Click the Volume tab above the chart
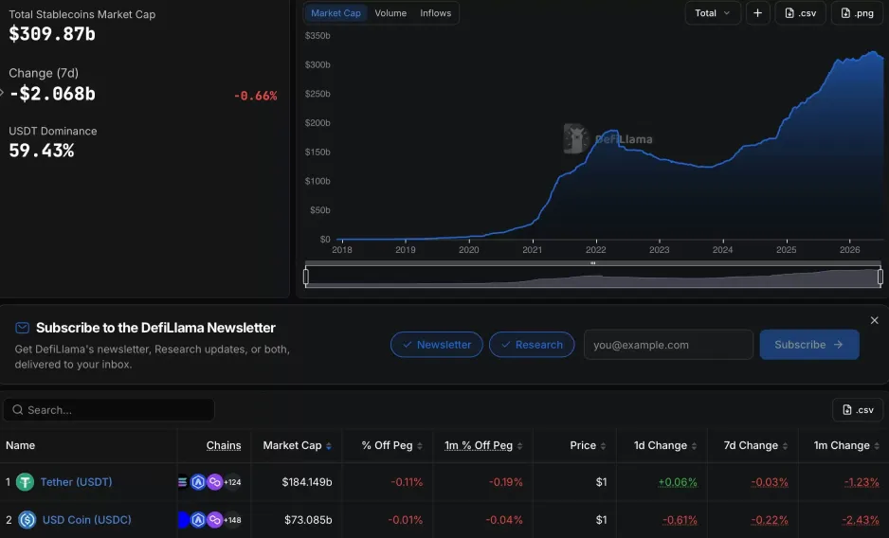(390, 13)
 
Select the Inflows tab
(435, 13)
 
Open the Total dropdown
(713, 13)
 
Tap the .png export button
(857, 13)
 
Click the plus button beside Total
(757, 13)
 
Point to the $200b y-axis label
(317, 122)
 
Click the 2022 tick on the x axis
(596, 249)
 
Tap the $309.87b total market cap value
(52, 34)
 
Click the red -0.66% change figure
(256, 96)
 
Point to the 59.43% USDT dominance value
(42, 151)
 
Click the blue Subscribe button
(809, 345)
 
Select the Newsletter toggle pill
(437, 345)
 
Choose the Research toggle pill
(532, 345)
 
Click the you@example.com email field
(668, 345)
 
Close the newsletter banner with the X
(874, 320)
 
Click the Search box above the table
(109, 410)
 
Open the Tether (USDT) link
(76, 482)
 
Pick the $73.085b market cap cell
(308, 520)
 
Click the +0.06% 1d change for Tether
(678, 482)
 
